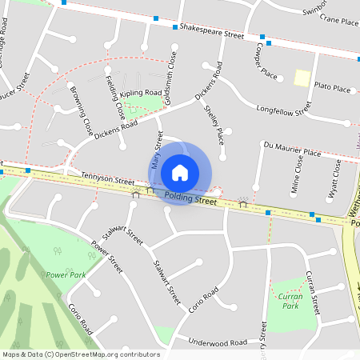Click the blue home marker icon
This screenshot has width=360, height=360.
coord(180,173)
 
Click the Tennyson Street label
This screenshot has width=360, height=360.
coord(109,181)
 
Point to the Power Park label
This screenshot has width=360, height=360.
coord(66,274)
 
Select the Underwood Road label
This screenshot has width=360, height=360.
coord(218,342)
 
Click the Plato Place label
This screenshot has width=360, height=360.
coord(334,86)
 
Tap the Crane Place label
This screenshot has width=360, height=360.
coord(338,23)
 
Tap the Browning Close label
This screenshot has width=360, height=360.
coord(82,110)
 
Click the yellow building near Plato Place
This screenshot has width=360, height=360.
coord(302,78)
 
